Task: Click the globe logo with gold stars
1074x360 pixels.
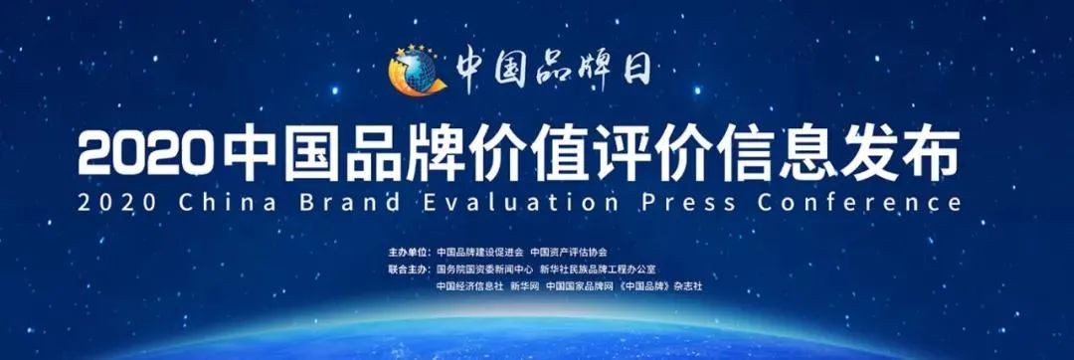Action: [417, 71]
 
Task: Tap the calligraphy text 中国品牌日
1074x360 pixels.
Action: [552, 69]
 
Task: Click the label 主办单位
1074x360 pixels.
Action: [410, 252]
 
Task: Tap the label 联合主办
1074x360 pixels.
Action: [410, 270]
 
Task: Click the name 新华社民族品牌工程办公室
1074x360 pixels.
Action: [598, 270]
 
